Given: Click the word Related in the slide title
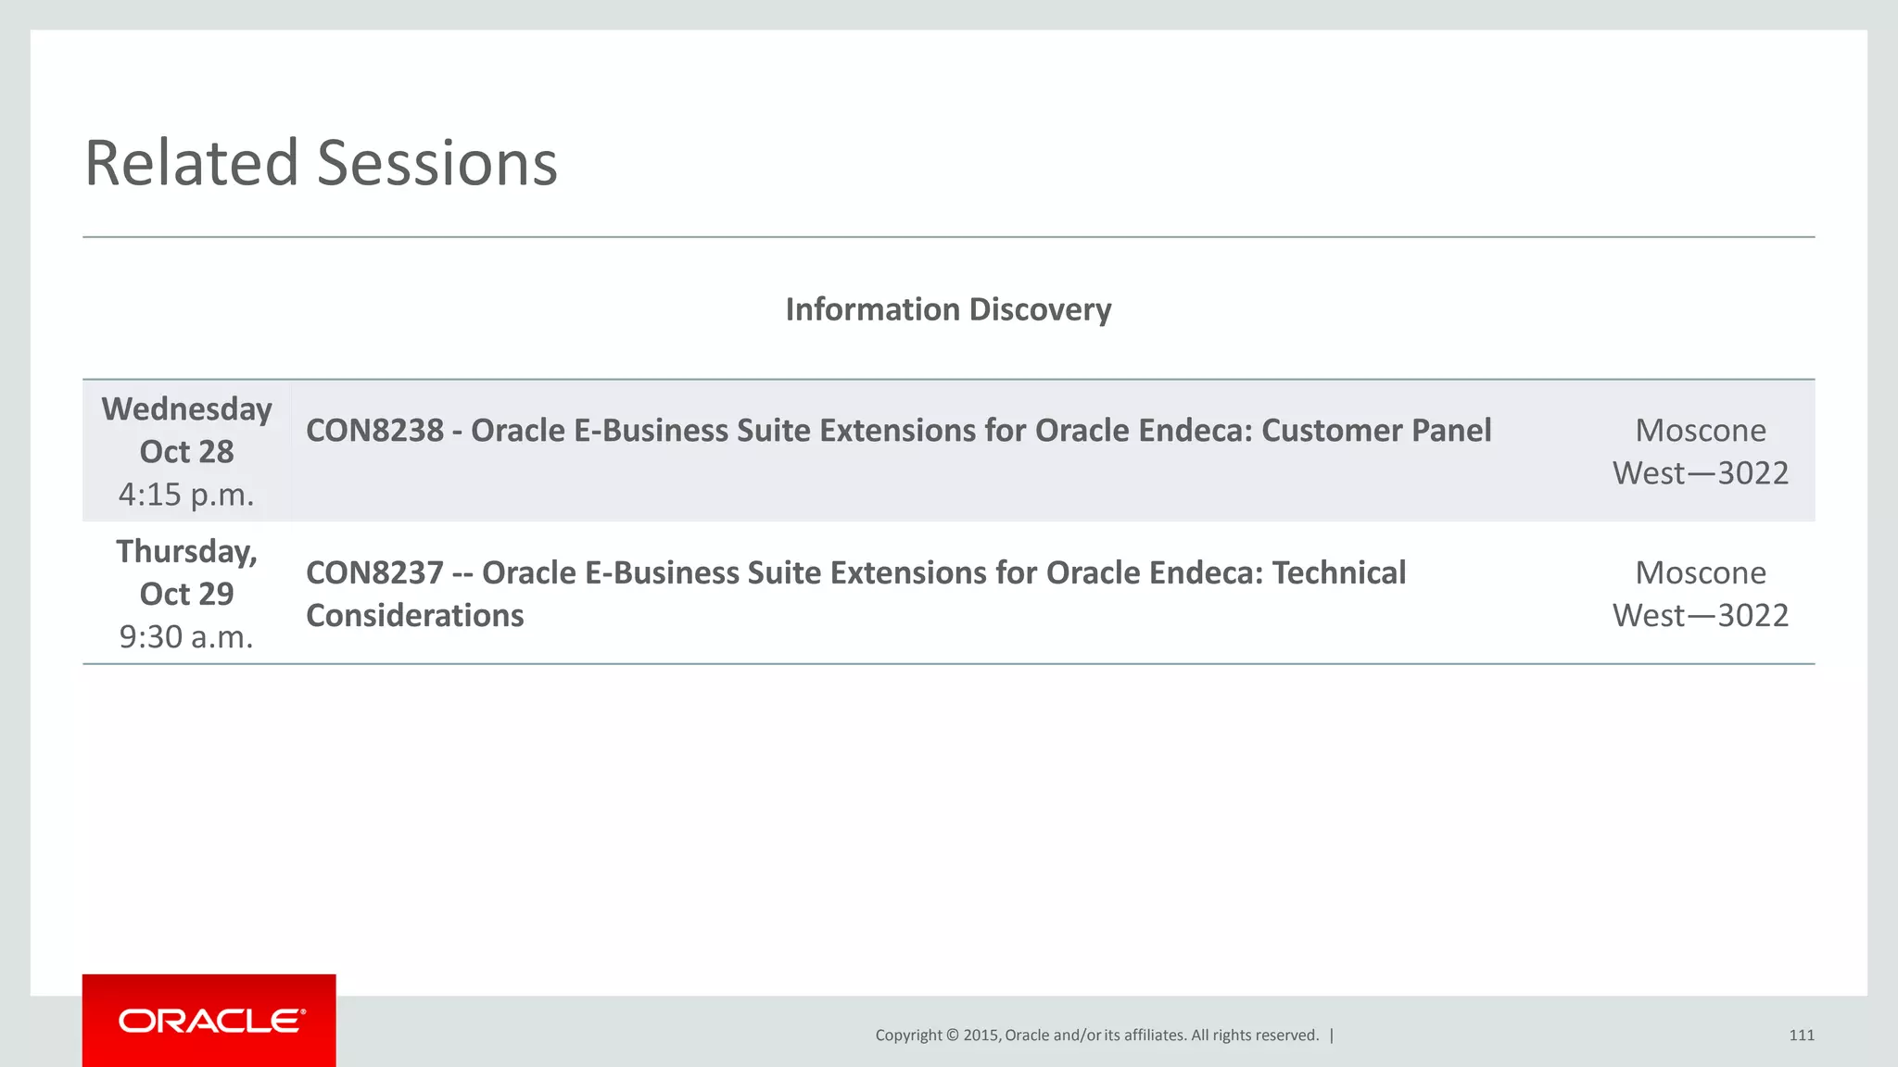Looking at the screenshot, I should [x=191, y=163].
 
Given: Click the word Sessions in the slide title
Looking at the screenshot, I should [x=437, y=163].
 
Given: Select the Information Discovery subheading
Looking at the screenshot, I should [x=948, y=309].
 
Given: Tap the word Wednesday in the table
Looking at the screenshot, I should [x=186, y=408].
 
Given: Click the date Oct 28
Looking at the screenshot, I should [x=186, y=452].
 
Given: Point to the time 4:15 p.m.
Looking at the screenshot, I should [x=186, y=495].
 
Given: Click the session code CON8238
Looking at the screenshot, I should [x=374, y=431].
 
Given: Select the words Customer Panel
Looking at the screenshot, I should [x=1376, y=431].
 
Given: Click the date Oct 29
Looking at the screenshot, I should [x=186, y=594].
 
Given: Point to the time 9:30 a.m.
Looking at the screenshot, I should [x=186, y=637].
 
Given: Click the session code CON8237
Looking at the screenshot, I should [x=374, y=573].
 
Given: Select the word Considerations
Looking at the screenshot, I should [x=414, y=616].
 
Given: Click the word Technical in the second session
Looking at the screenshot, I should [x=1338, y=573].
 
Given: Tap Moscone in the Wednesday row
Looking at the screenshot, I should [x=1701, y=431].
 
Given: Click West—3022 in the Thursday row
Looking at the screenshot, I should [x=1701, y=616].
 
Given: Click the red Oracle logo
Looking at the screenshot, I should [x=209, y=1021].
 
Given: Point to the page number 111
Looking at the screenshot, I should [x=1801, y=1036].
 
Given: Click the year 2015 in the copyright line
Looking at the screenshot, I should [x=981, y=1036].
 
